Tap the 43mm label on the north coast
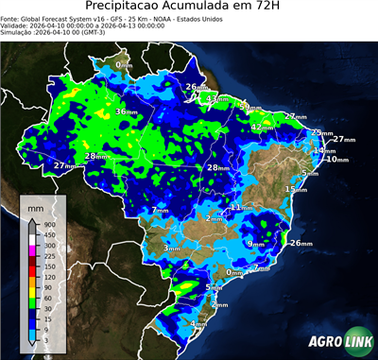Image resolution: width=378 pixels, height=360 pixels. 218,98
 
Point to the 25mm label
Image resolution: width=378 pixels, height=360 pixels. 322,133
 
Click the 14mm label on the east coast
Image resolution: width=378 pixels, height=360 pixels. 324,151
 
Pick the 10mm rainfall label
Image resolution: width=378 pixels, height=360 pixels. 336,160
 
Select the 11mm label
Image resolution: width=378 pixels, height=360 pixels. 242,206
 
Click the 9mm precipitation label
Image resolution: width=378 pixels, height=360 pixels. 256,244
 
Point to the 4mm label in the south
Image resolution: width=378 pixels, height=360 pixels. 199,324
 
